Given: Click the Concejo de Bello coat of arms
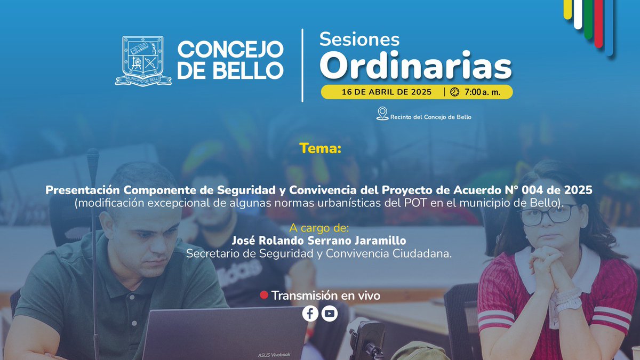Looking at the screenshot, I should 143,61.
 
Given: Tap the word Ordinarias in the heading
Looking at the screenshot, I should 419,65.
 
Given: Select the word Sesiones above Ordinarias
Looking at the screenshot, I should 359,39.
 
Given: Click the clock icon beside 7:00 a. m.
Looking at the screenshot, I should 454,92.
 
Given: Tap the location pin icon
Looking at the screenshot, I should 382,114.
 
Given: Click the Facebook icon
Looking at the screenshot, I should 310,314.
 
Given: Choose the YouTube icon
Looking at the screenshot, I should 330,314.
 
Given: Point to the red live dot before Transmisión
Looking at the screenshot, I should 263,295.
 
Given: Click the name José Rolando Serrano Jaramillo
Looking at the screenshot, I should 319,242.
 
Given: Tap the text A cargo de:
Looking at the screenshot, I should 320,229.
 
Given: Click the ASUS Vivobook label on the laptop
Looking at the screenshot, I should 275,354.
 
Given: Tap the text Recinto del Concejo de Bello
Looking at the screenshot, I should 431,117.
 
